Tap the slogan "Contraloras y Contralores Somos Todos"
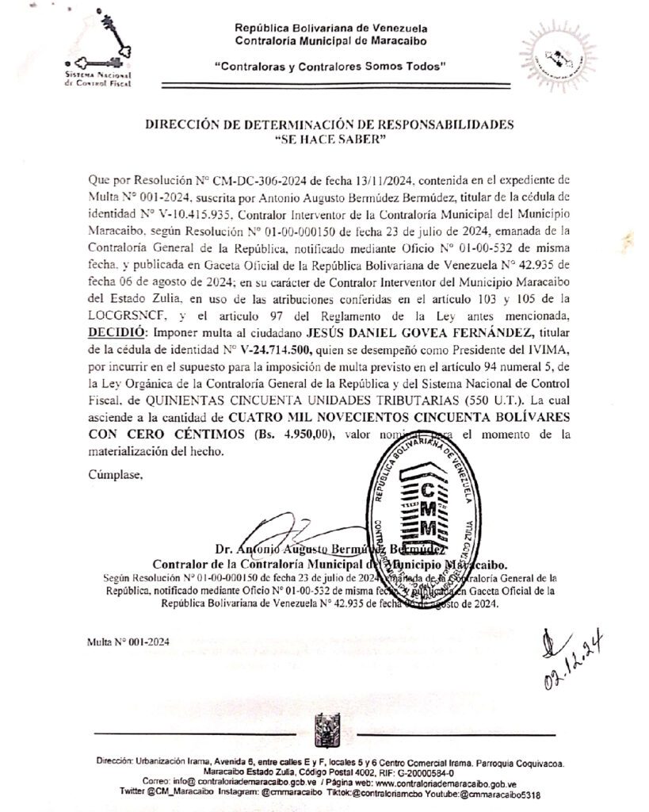pos(330,68)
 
